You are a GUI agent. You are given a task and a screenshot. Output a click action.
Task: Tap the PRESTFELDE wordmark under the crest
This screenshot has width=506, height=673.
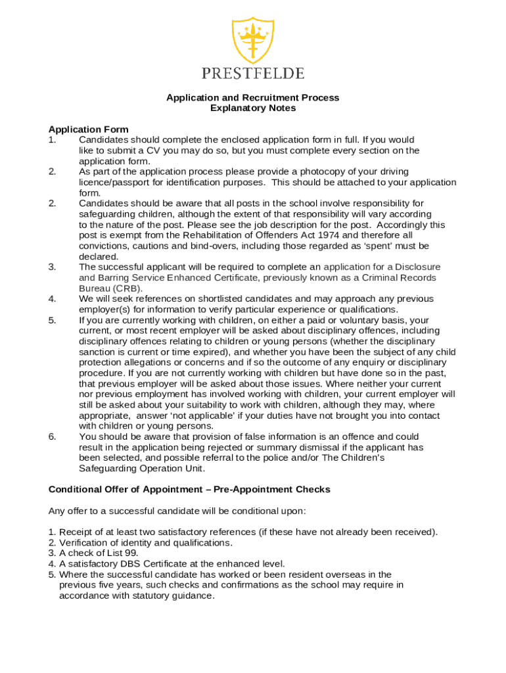(x=252, y=73)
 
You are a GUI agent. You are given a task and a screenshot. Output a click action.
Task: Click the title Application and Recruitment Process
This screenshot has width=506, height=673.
(x=252, y=98)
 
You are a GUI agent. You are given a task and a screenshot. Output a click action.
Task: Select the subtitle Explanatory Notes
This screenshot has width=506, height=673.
(x=252, y=108)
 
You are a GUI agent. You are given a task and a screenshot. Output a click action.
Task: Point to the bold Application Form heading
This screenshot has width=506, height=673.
(x=89, y=129)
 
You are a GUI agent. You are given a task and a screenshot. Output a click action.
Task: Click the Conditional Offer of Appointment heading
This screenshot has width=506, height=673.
(x=189, y=490)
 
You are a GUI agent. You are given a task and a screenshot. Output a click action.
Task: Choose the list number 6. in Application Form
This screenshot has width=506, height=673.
(x=52, y=437)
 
